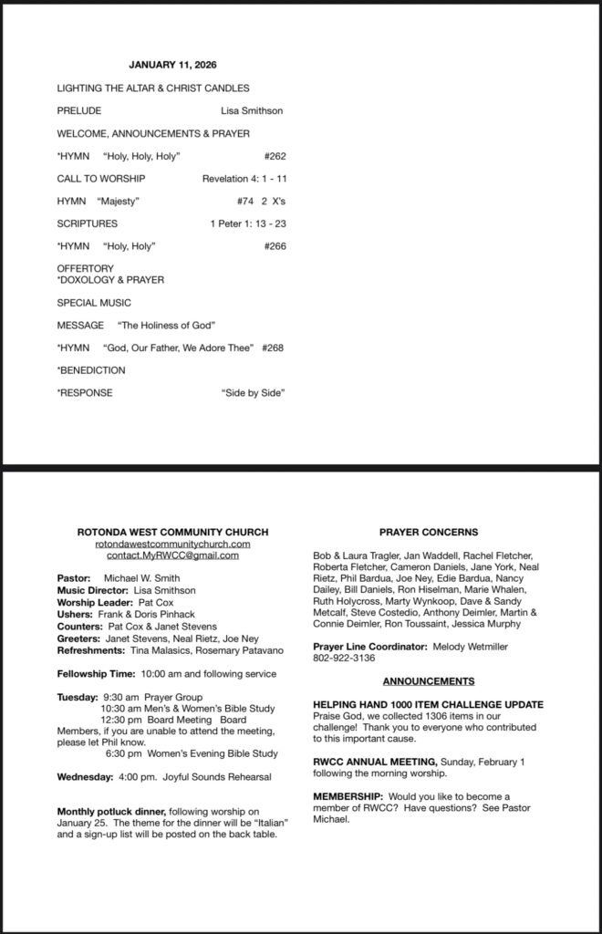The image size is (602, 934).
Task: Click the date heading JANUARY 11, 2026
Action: [x=172, y=66]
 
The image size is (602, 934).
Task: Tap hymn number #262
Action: [x=275, y=156]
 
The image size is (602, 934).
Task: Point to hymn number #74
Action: [x=244, y=201]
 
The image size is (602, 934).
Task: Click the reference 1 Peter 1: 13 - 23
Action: [x=248, y=223]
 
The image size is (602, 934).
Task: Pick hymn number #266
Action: [x=275, y=246]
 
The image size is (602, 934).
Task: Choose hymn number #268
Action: [x=273, y=348]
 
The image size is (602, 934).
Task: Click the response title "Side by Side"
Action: [x=254, y=393]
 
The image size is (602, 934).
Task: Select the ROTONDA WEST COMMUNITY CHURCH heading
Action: [x=172, y=532]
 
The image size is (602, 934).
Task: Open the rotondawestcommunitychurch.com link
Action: [x=172, y=544]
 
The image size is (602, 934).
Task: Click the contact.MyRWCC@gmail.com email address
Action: [x=172, y=555]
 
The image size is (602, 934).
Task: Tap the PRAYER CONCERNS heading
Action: [x=428, y=532]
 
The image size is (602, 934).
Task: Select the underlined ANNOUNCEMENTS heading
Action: [x=428, y=681]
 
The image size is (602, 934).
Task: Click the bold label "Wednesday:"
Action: [x=83, y=777]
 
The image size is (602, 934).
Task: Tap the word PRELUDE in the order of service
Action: [x=78, y=111]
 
